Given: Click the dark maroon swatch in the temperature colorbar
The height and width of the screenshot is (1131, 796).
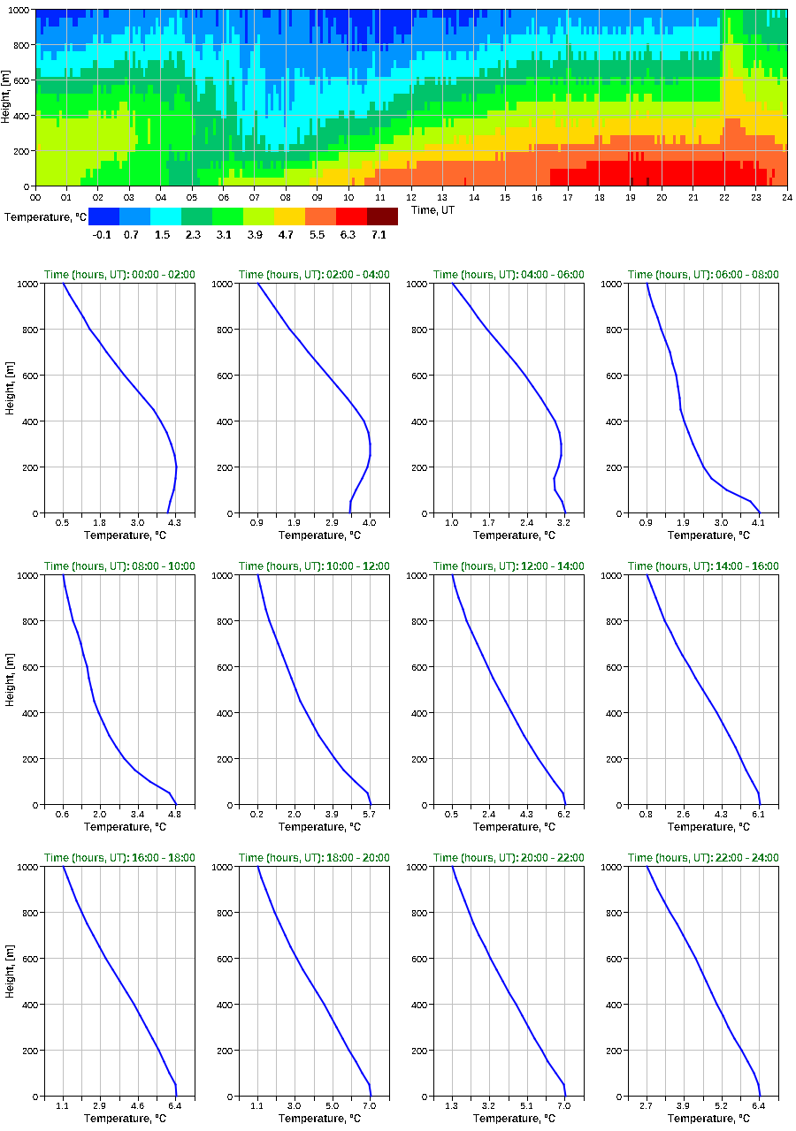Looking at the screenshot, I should click(382, 216).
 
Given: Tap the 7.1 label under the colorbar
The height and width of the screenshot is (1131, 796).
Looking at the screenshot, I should click(382, 234).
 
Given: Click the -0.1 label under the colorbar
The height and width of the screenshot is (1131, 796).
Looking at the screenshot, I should click(103, 234).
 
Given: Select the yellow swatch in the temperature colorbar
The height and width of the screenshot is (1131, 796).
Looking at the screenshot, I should click(289, 216).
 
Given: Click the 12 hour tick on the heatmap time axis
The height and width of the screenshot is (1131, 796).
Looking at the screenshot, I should click(411, 197).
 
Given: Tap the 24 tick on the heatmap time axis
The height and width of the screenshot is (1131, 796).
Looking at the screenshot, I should click(786, 197).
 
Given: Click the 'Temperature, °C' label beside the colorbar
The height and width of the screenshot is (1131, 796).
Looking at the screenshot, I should click(43, 216).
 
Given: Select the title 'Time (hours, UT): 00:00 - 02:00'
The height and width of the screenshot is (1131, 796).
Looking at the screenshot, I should click(119, 275).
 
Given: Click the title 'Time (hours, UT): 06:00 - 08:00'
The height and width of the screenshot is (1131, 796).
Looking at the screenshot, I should click(703, 275).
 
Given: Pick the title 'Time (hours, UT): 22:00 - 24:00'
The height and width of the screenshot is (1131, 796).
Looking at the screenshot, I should click(703, 858).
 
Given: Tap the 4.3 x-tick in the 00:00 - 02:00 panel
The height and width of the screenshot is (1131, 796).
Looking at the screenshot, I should click(175, 524).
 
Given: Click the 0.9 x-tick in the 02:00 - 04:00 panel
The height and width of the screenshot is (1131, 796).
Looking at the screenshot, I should click(257, 524).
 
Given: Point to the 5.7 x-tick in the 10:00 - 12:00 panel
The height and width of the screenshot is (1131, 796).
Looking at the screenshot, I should click(370, 816).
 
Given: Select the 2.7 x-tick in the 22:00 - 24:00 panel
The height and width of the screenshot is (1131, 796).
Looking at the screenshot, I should click(647, 1107).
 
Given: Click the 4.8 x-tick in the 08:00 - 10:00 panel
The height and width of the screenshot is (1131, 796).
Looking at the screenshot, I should click(175, 816).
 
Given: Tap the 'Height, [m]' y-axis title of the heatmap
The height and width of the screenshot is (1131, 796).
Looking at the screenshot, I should click(7, 97).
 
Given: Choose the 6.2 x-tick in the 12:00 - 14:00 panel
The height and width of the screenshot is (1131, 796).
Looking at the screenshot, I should click(564, 816).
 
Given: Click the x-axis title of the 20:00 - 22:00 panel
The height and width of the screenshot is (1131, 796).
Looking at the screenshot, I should click(509, 1119).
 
